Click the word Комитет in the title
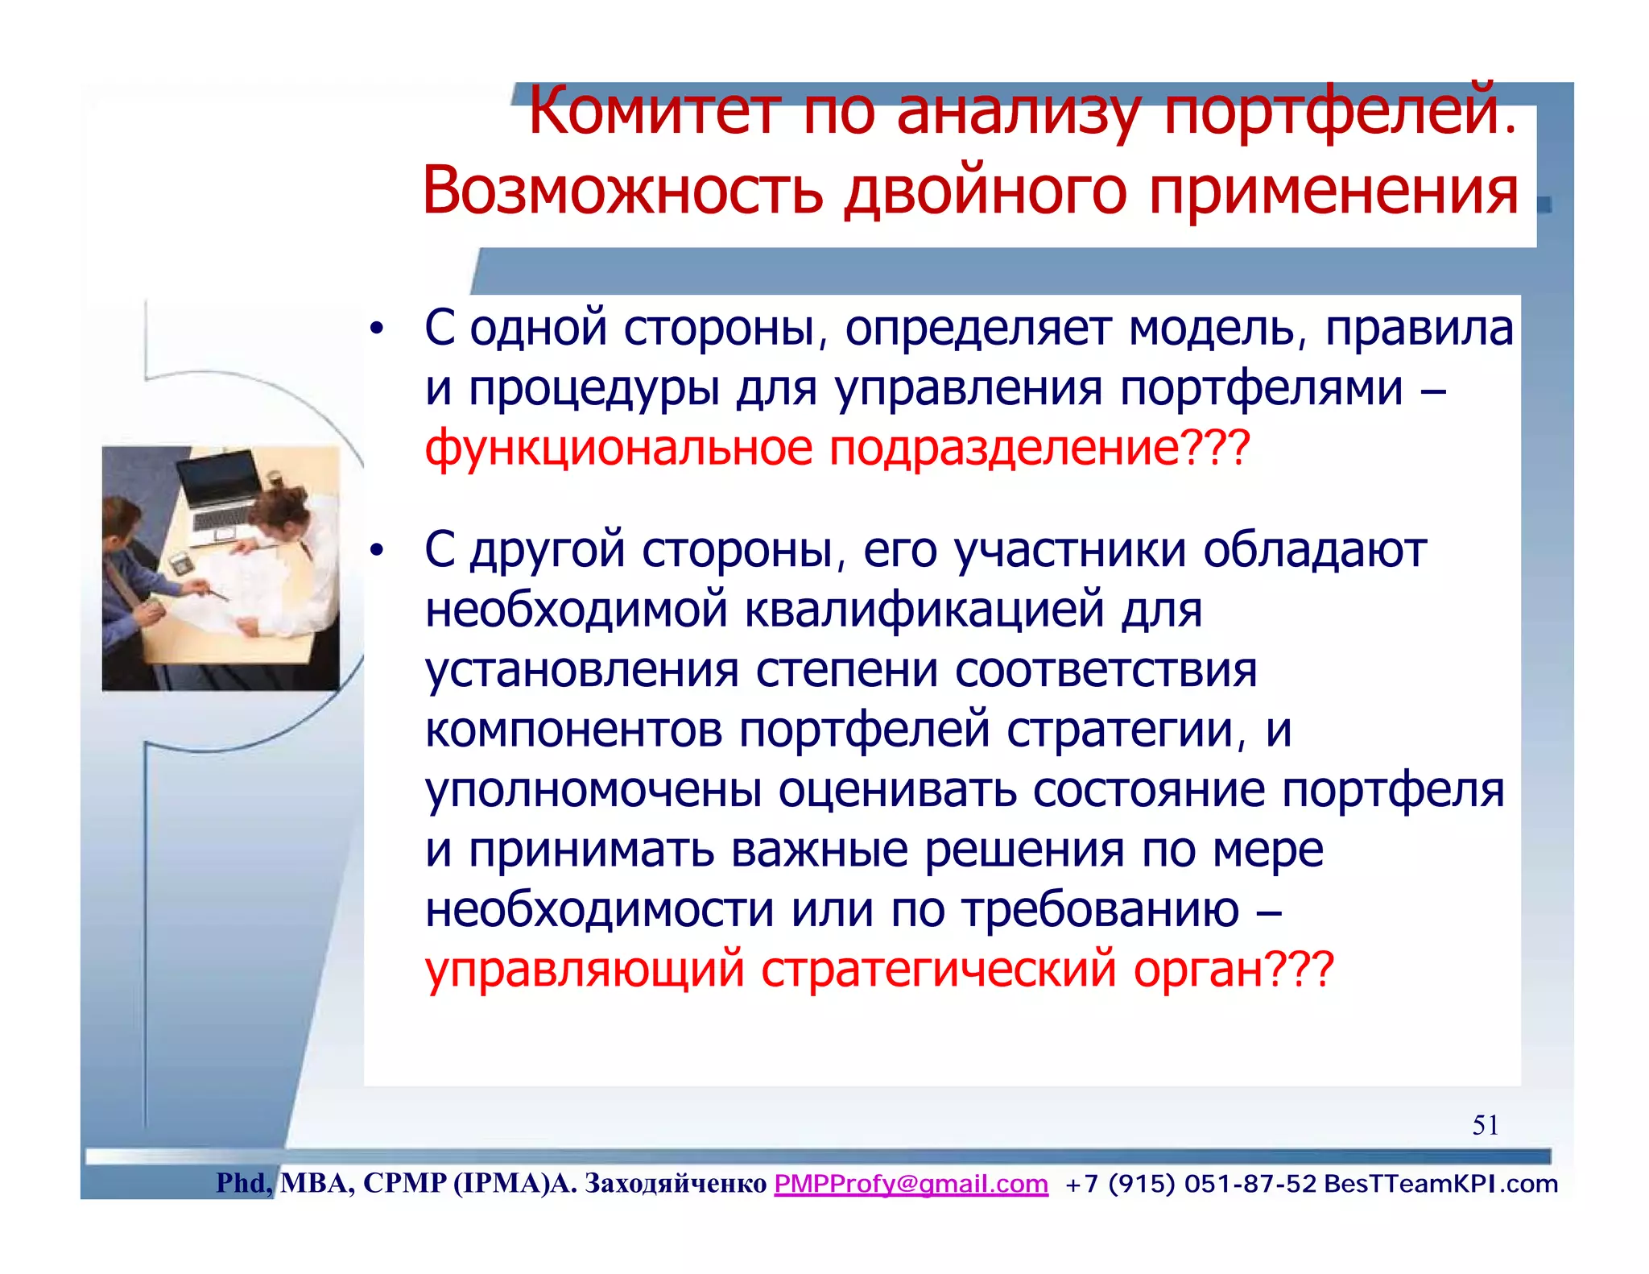pos(654,113)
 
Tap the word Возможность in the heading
pos(622,192)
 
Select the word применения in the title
pos(1333,192)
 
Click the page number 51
pos(1485,1125)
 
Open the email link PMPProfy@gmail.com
pos(911,1184)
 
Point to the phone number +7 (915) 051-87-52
pos(1190,1184)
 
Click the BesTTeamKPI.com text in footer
pos(1440,1184)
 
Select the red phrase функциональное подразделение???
pos(837,448)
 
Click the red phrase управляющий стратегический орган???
pos(879,968)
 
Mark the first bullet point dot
pos(376,330)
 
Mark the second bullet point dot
pos(376,552)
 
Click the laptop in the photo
pos(219,495)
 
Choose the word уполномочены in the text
pos(593,790)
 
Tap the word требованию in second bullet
pos(1101,910)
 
